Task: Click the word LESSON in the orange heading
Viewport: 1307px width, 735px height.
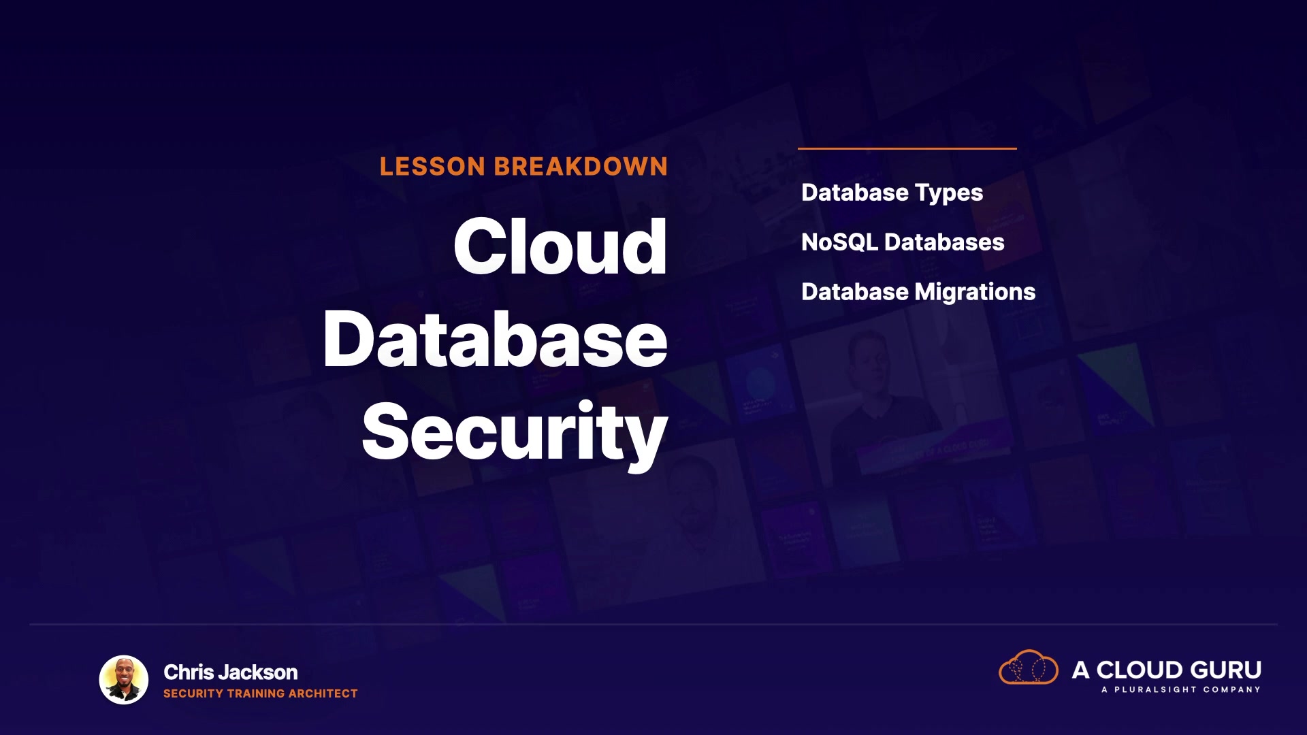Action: [432, 167]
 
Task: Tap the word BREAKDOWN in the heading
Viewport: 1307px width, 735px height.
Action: [581, 167]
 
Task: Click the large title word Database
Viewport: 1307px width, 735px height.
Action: [496, 339]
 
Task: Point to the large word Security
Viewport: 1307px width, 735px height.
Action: [515, 433]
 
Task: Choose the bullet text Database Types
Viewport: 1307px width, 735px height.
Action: [892, 193]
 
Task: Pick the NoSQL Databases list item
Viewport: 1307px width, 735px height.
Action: [903, 242]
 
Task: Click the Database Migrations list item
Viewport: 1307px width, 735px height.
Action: [918, 292]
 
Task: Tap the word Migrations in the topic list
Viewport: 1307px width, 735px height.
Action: [975, 292]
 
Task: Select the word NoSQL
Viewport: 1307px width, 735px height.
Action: [839, 242]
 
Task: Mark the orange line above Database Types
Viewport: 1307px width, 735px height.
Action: [907, 148]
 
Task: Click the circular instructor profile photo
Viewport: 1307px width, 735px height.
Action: [124, 680]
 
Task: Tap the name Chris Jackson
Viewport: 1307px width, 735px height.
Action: [231, 672]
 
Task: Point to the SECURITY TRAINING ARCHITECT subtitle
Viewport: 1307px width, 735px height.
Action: [261, 693]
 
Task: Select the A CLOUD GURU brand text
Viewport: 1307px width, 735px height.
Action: [1167, 670]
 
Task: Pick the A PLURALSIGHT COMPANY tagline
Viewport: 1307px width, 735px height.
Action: [1181, 690]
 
